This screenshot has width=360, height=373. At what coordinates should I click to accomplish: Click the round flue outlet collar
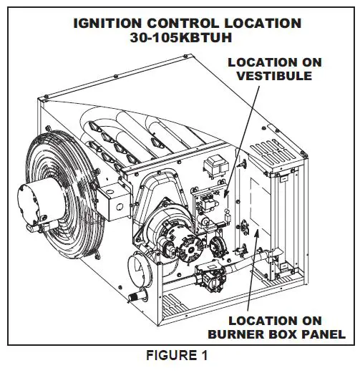click(140, 271)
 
